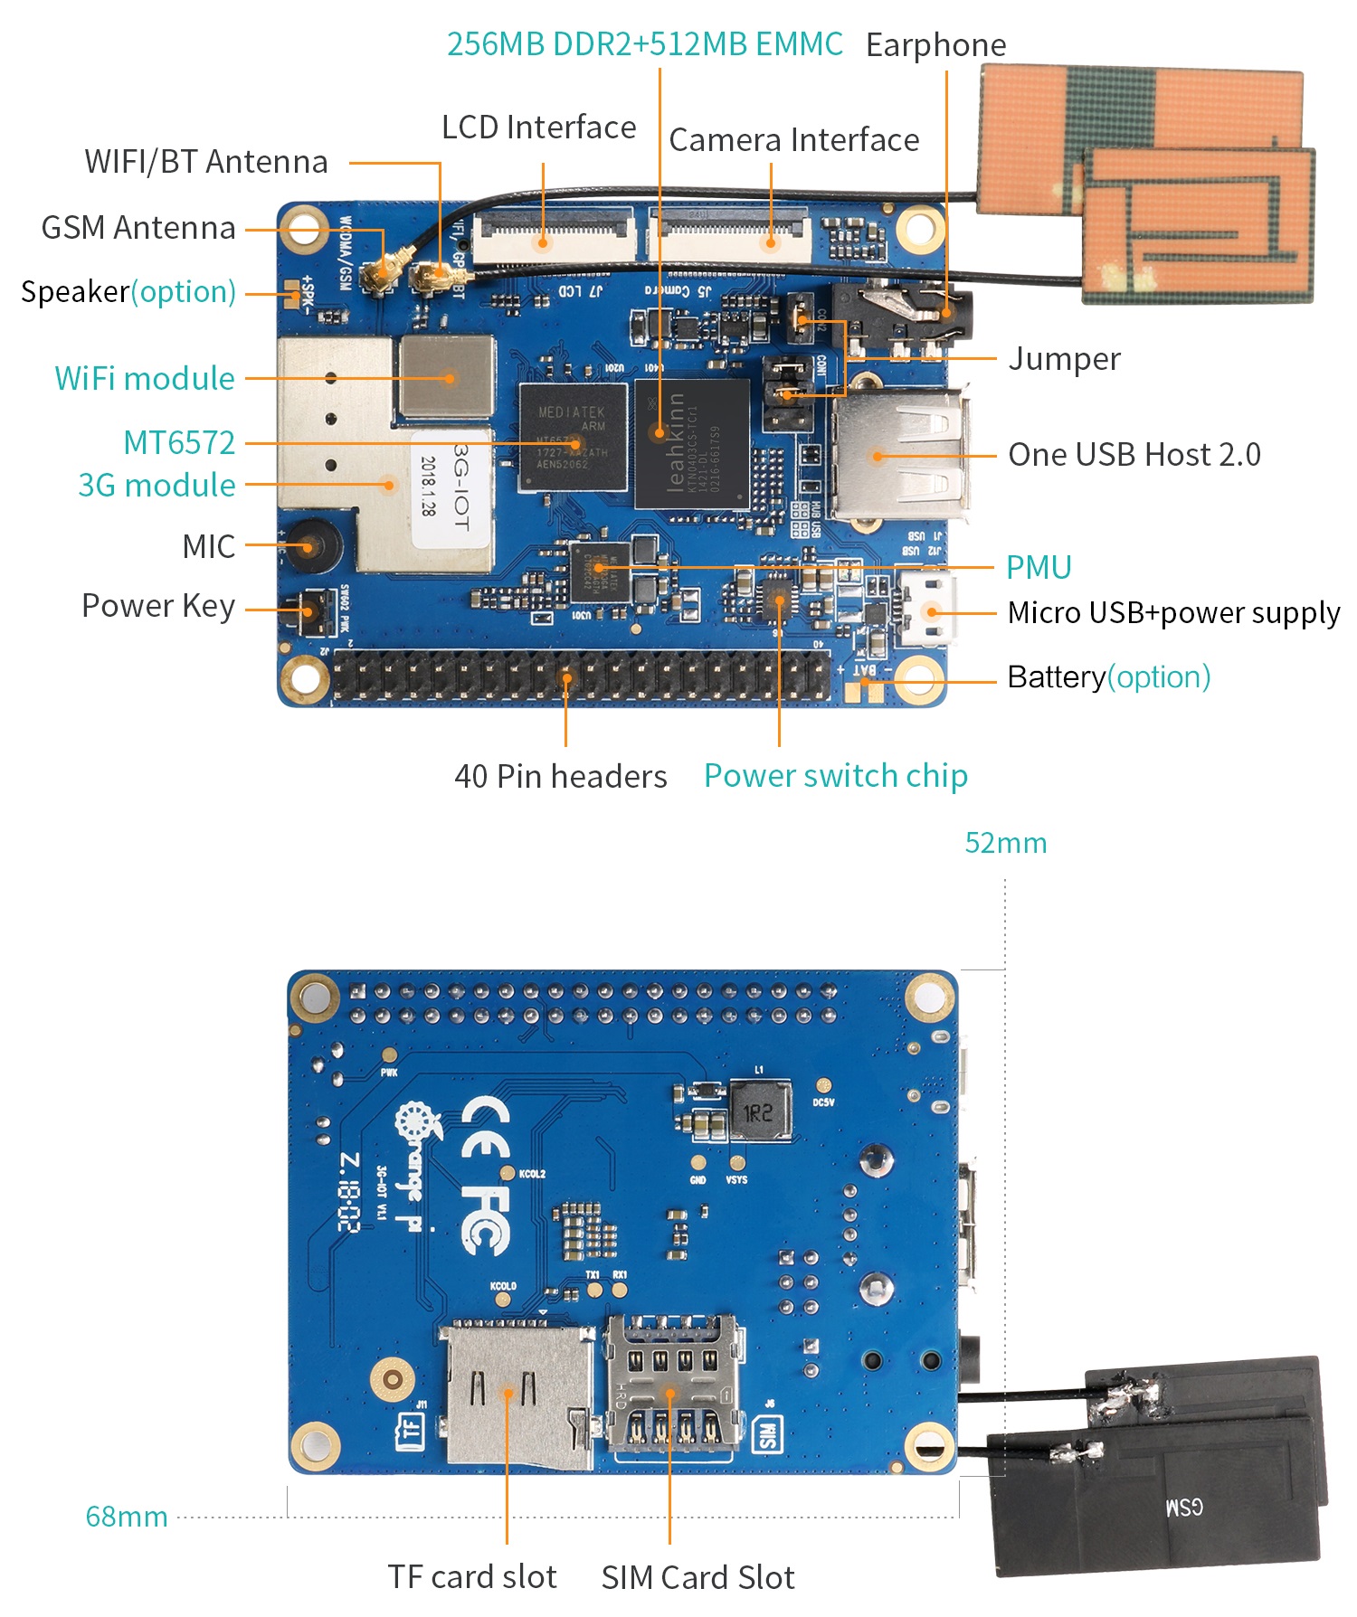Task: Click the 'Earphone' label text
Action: click(935, 44)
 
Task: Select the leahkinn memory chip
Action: click(692, 443)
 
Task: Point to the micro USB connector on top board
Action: click(927, 610)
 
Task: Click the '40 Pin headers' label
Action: click(560, 776)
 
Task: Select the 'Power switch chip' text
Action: click(835, 775)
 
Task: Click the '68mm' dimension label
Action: click(127, 1517)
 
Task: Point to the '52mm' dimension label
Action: click(1005, 843)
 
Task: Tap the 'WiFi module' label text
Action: click(145, 378)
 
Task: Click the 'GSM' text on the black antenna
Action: click(1184, 1507)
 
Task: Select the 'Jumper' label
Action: click(1064, 359)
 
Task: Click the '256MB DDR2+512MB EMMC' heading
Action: click(644, 43)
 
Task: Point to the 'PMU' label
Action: click(1039, 567)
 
